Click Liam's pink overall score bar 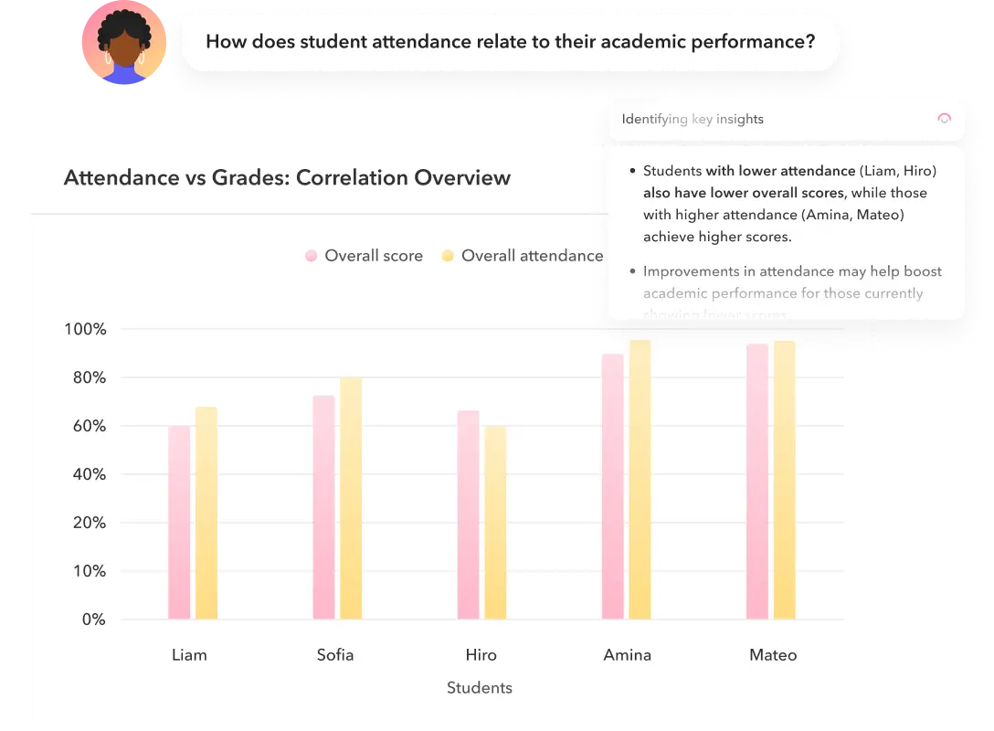pyautogui.click(x=179, y=523)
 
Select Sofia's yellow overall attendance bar pyautogui.click(x=351, y=499)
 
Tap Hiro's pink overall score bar pyautogui.click(x=469, y=515)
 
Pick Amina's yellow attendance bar pyautogui.click(x=640, y=480)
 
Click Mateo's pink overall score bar pyautogui.click(x=757, y=482)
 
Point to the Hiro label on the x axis pyautogui.click(x=481, y=655)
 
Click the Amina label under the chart pyautogui.click(x=628, y=655)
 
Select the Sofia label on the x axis pyautogui.click(x=335, y=655)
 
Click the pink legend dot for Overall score pyautogui.click(x=312, y=256)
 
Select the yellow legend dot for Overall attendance pyautogui.click(x=448, y=256)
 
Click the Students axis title pyautogui.click(x=480, y=688)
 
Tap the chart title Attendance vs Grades pyautogui.click(x=287, y=177)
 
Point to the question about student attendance pyautogui.click(x=510, y=41)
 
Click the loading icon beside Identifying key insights pyautogui.click(x=945, y=119)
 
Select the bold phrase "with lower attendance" pyautogui.click(x=780, y=171)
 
